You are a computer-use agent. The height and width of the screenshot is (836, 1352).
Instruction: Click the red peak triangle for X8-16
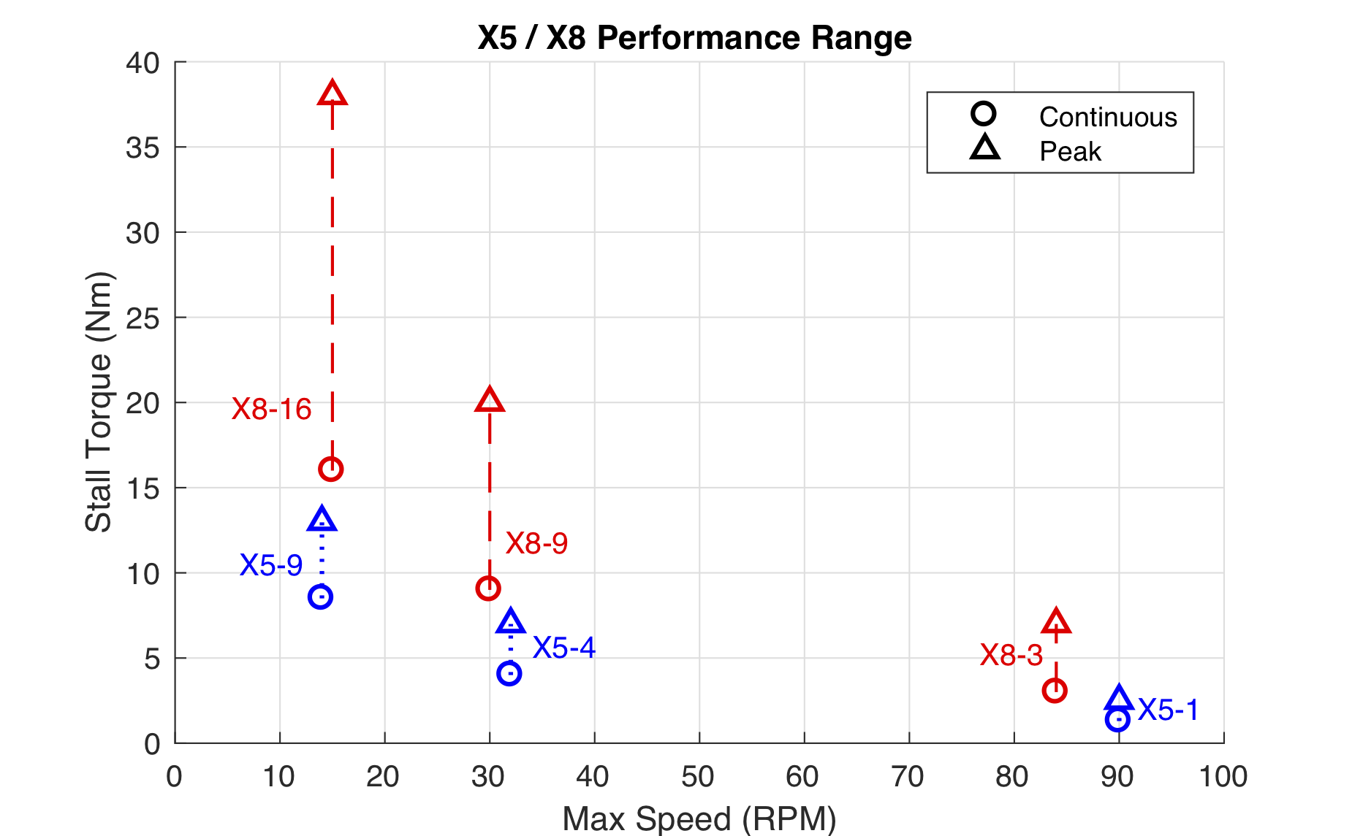coord(333,94)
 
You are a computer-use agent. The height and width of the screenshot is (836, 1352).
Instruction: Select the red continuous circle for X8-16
coord(331,469)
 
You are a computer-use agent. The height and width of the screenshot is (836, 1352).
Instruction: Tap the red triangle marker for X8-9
coord(490,401)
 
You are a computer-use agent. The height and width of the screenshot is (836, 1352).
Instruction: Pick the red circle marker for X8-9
coord(488,588)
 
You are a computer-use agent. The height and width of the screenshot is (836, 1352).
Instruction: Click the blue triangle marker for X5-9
coord(322,520)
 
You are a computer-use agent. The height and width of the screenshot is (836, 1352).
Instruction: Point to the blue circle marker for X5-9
coord(320,597)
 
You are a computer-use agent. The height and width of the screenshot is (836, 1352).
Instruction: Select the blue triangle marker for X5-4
coord(510,622)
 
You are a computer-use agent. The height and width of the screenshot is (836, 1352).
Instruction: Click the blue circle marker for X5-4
coord(509,673)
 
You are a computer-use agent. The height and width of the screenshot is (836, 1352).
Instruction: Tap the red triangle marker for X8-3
coord(1056,622)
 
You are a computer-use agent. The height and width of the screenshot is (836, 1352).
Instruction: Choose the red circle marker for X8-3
coord(1055,690)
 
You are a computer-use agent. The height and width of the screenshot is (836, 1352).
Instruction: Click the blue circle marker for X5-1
coord(1117,719)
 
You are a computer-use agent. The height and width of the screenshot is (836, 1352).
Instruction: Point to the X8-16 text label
coord(271,409)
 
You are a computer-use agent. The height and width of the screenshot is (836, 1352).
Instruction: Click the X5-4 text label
coord(563,648)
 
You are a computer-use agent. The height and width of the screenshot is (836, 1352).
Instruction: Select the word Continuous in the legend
coord(1108,117)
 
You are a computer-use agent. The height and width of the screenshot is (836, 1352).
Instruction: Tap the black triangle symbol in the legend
coord(984,148)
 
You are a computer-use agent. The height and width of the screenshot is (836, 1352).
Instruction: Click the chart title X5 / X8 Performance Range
coord(694,37)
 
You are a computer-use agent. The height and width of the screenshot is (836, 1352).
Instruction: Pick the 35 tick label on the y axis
coord(143,148)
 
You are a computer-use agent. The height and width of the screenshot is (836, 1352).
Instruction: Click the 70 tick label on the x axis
coord(908,777)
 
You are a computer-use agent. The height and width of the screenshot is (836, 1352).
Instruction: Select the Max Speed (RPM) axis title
coord(699,818)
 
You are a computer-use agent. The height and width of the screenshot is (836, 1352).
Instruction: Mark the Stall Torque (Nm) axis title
coord(99,402)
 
